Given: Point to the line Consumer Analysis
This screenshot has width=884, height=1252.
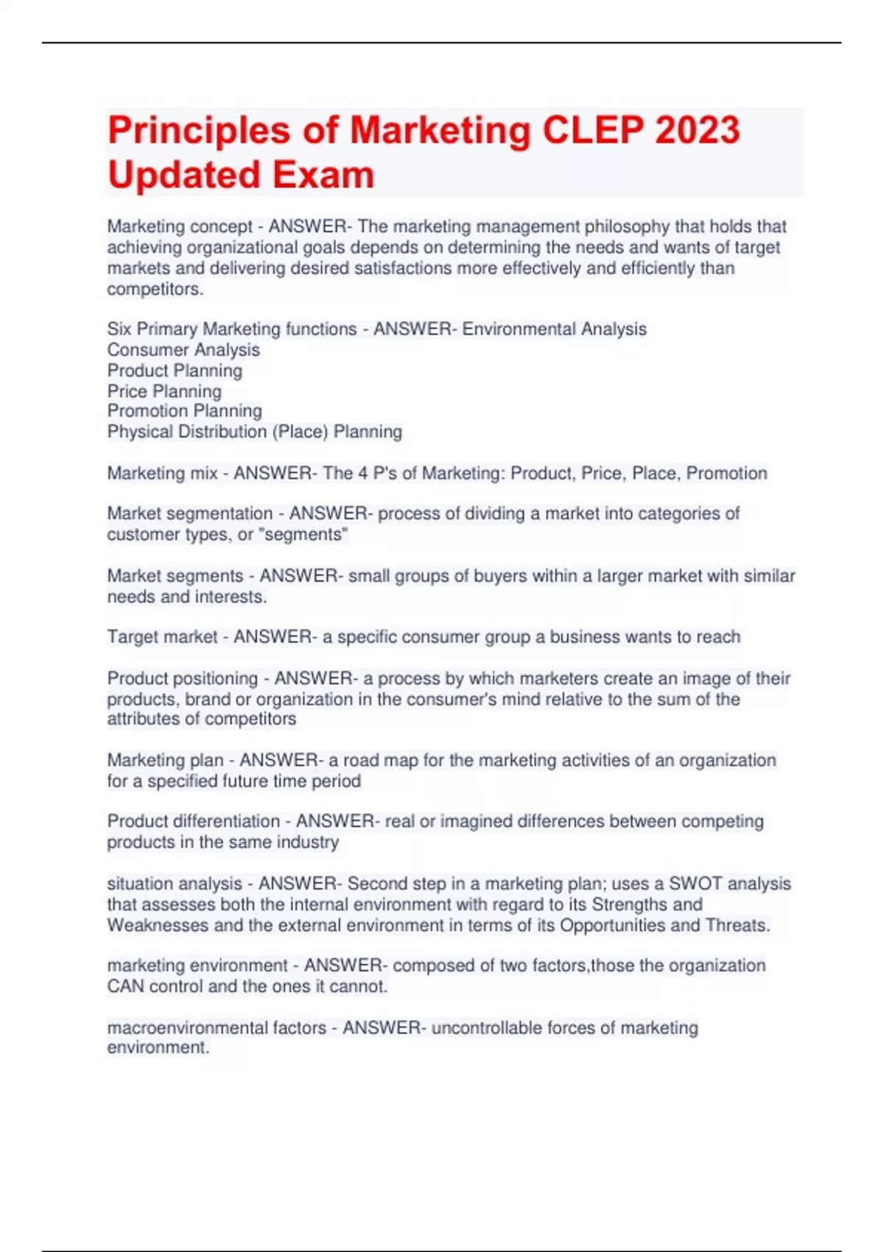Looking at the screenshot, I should tap(183, 350).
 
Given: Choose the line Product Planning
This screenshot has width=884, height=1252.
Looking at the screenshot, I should tap(175, 370).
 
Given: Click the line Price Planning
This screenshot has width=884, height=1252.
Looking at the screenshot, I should tap(164, 391).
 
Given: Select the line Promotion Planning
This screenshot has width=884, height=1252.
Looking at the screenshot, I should tap(184, 411).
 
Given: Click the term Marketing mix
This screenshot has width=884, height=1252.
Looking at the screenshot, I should tap(162, 473).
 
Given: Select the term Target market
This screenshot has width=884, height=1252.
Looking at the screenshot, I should tap(162, 637).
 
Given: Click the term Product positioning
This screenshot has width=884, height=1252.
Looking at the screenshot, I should tap(183, 678).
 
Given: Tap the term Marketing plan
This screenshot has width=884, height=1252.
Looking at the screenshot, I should tap(165, 760).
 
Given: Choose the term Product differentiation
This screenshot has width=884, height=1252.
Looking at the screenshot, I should tap(194, 821).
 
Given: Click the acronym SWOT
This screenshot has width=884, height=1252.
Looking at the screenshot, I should tap(695, 884).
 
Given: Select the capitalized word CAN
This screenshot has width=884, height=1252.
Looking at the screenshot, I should tap(126, 986).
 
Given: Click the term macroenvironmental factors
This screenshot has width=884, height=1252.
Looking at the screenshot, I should tap(217, 1027).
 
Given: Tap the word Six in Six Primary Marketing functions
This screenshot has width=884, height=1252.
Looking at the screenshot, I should tap(119, 329).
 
